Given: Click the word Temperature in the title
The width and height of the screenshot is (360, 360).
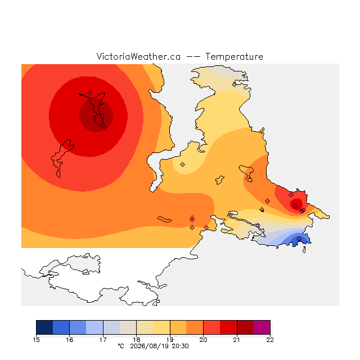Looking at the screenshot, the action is tap(234, 57).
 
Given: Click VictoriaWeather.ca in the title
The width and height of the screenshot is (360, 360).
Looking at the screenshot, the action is tap(138, 57).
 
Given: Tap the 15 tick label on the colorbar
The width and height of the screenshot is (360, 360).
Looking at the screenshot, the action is tap(36, 340).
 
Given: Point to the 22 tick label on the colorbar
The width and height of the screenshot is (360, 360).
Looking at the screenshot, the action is tap(270, 340).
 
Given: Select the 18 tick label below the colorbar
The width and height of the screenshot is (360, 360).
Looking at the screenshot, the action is tap(136, 340).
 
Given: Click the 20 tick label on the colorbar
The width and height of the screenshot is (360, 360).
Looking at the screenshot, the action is tap(203, 340).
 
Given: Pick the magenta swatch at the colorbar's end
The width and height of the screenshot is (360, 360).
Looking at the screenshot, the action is tap(262, 327).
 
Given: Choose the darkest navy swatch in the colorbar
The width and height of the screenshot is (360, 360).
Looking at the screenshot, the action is tap(44, 327).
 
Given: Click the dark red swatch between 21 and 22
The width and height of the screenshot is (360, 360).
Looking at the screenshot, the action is tap(245, 327).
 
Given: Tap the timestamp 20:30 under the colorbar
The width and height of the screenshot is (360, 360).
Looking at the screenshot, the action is tap(180, 346).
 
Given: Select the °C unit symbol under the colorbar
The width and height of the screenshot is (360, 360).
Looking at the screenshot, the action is tap(121, 346).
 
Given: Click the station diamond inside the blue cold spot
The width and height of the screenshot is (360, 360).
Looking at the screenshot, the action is tap(299, 238).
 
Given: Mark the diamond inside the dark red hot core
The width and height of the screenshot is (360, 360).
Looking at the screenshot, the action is tap(102, 116).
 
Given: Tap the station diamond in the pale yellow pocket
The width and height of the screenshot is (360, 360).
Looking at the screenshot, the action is tap(182, 164).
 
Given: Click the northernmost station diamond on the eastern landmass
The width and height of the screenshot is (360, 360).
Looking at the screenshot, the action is tap(234, 85).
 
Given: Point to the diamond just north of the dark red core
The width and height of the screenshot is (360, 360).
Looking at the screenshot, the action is tap(90, 93).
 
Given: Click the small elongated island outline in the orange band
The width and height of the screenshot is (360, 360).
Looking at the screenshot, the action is tap(164, 219).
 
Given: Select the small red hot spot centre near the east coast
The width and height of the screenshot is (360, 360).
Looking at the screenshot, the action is tap(296, 206).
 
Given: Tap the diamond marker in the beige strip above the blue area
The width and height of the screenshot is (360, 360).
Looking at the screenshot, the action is tap(258, 225).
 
